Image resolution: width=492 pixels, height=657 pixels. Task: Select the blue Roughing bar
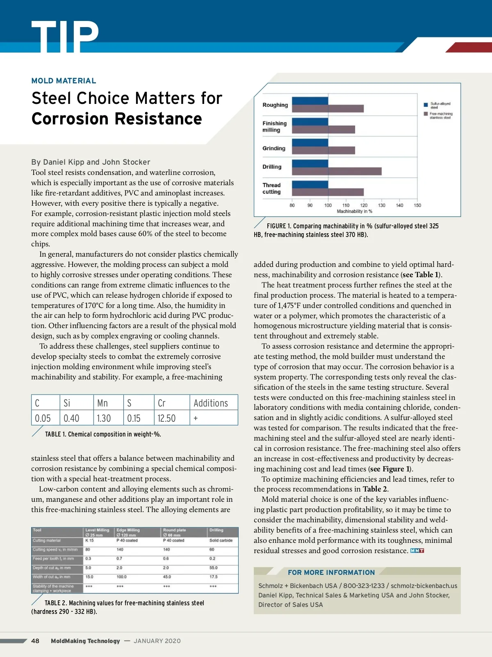pos(310,101)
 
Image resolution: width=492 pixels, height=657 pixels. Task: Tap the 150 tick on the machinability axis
pos(417,205)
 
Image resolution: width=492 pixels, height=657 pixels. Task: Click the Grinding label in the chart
pos(274,148)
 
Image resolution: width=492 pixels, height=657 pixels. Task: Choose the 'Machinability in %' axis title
pos(354,211)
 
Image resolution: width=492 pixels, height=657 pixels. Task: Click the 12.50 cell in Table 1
pos(166,418)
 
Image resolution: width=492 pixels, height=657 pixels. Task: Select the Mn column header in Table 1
pos(102,403)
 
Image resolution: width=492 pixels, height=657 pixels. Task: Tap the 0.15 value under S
pos(134,418)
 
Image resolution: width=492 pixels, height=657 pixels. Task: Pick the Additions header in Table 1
pos(211,403)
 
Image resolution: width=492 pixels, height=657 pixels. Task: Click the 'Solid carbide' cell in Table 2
pos(221,540)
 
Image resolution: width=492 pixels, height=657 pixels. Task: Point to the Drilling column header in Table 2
pos(216,530)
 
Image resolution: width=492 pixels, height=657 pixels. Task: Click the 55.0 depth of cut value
pos(214,568)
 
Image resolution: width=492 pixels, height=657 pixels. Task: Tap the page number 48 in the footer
pos(35,641)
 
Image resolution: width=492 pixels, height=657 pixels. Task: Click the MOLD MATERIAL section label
pos(64,81)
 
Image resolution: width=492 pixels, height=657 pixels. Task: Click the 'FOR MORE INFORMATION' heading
pos(331,572)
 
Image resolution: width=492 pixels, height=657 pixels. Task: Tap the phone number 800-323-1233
pos(364,586)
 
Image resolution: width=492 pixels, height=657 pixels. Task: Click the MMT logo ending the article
pos(417,551)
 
